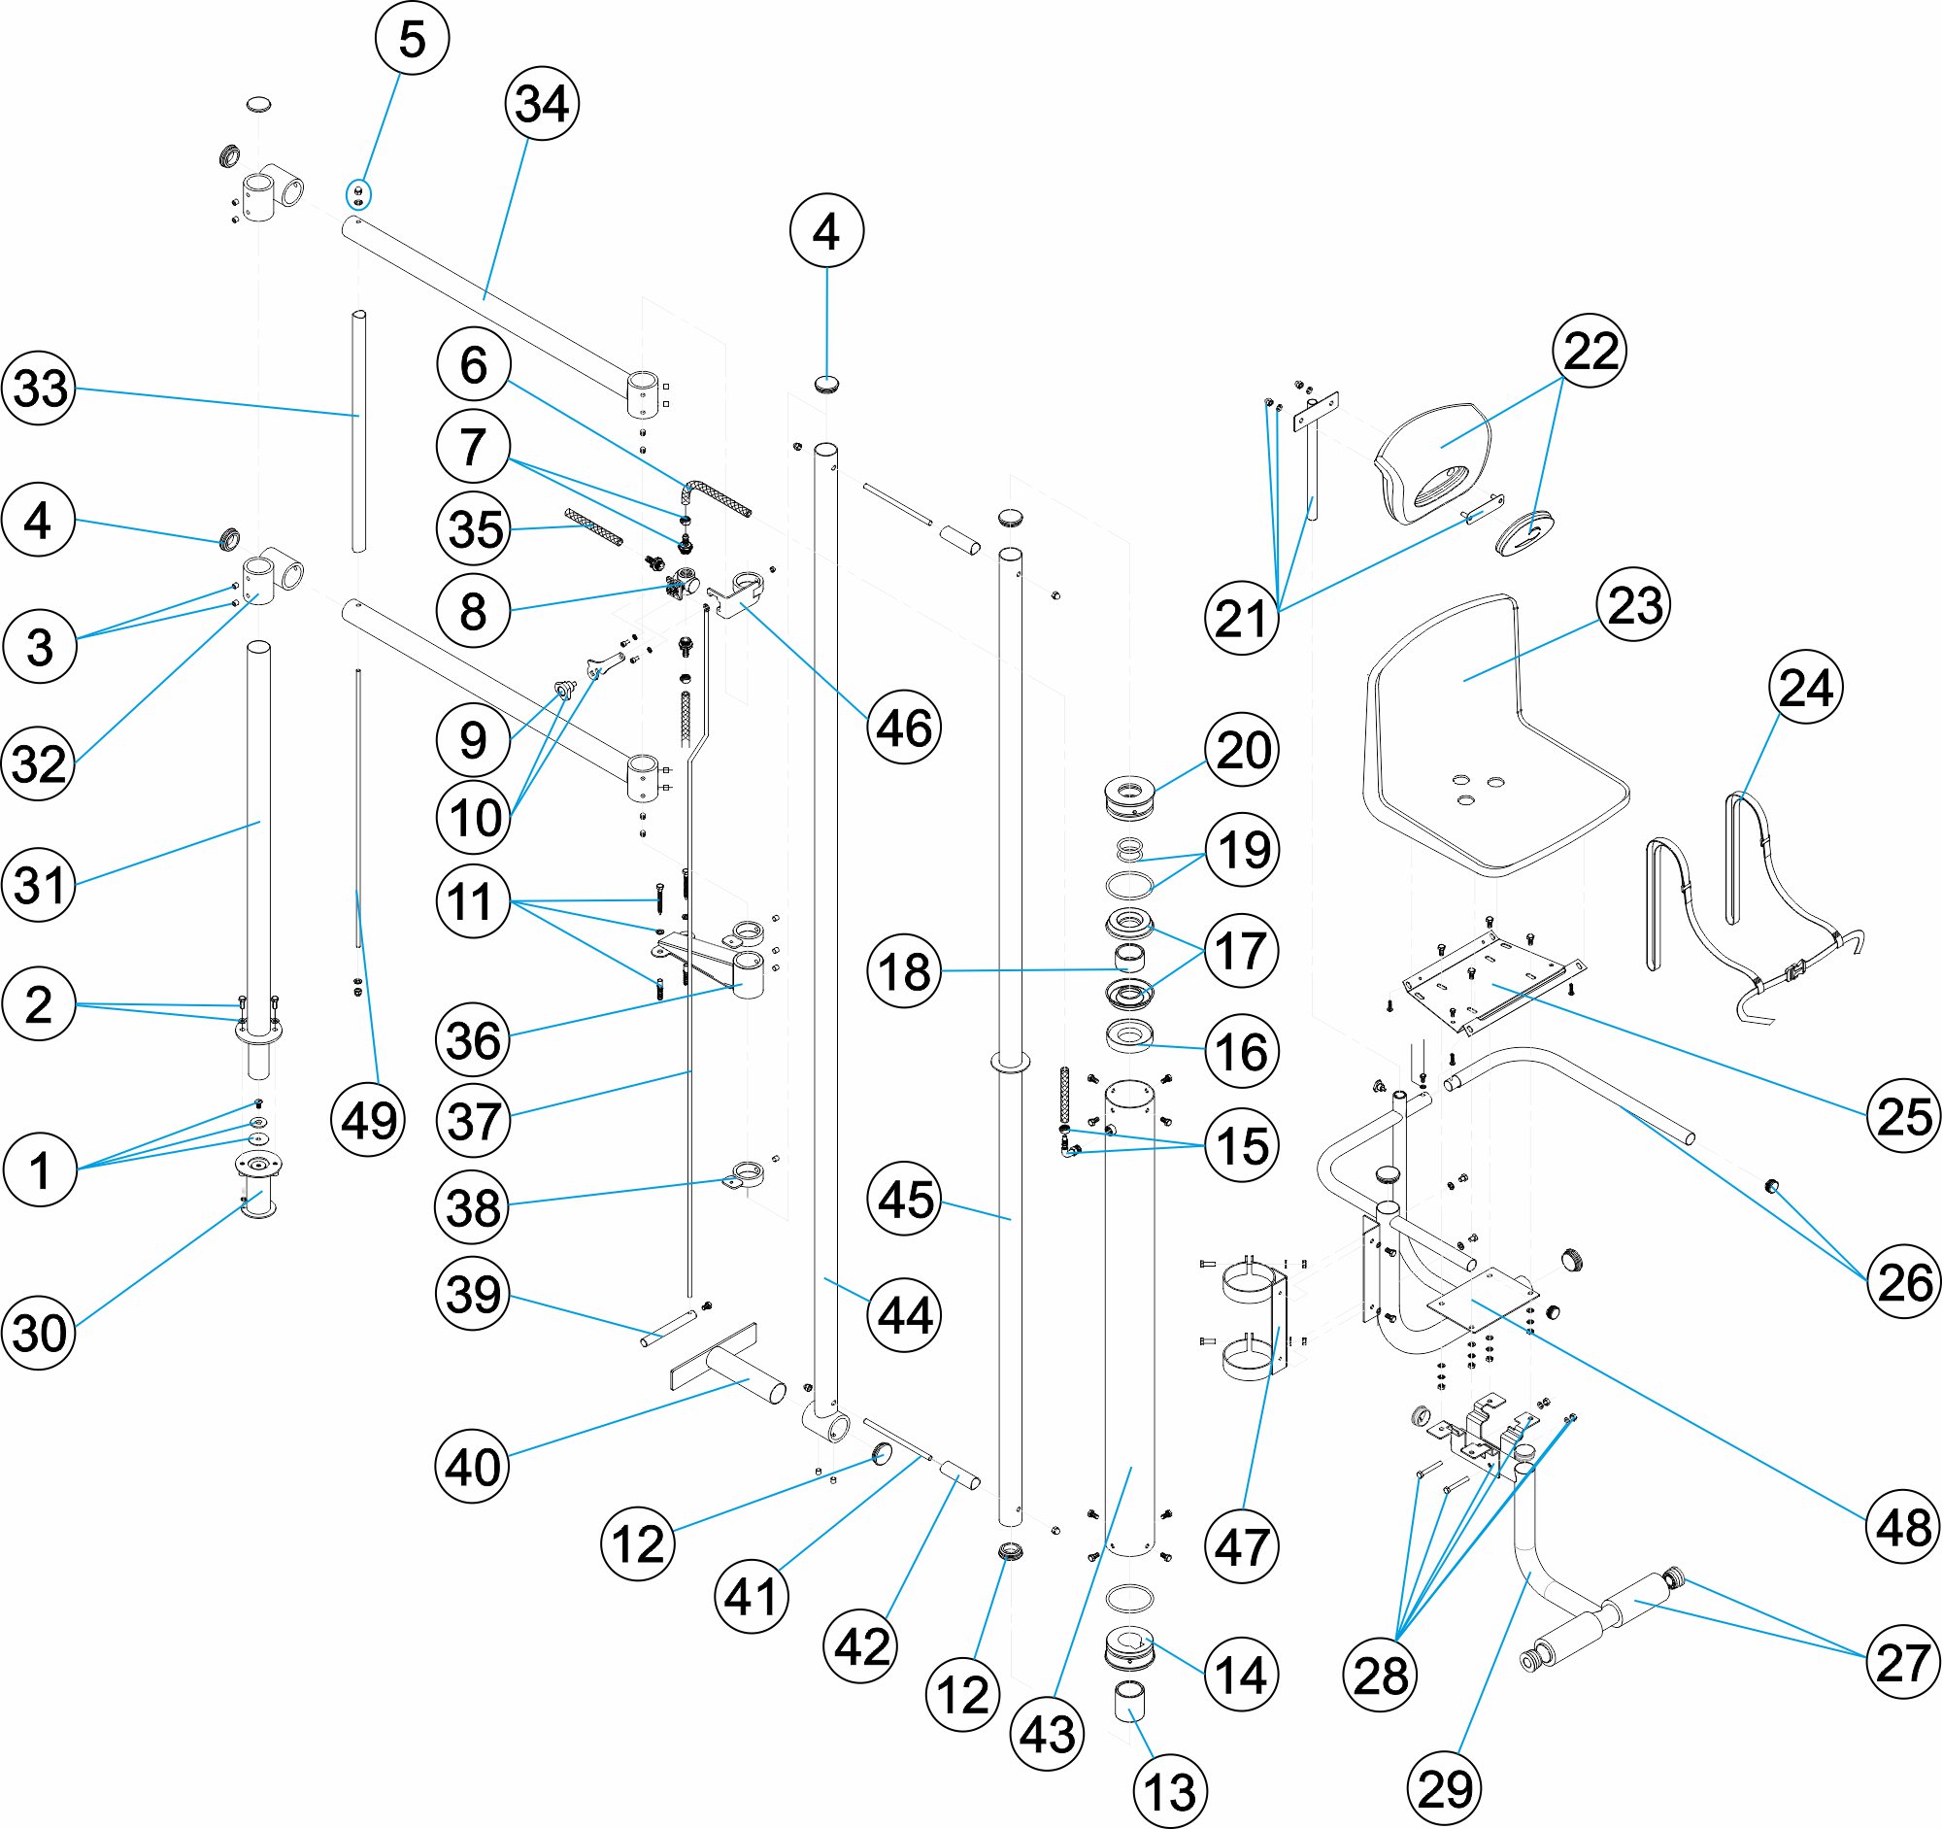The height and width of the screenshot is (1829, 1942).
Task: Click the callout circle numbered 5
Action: coord(412,39)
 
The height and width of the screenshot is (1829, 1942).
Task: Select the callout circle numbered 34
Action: coord(542,104)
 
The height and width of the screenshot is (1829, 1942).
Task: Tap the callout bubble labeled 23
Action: coord(1634,605)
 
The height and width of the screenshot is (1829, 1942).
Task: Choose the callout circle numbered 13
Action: coord(1169,1792)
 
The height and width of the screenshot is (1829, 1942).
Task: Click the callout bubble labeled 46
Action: coord(904,727)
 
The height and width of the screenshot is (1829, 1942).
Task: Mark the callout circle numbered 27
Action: coord(1902,1662)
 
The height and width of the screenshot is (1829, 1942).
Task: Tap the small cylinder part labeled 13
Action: coord(1130,1703)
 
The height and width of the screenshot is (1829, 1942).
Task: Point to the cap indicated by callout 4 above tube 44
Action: coord(826,382)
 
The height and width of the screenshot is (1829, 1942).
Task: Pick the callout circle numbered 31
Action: coord(39,884)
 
